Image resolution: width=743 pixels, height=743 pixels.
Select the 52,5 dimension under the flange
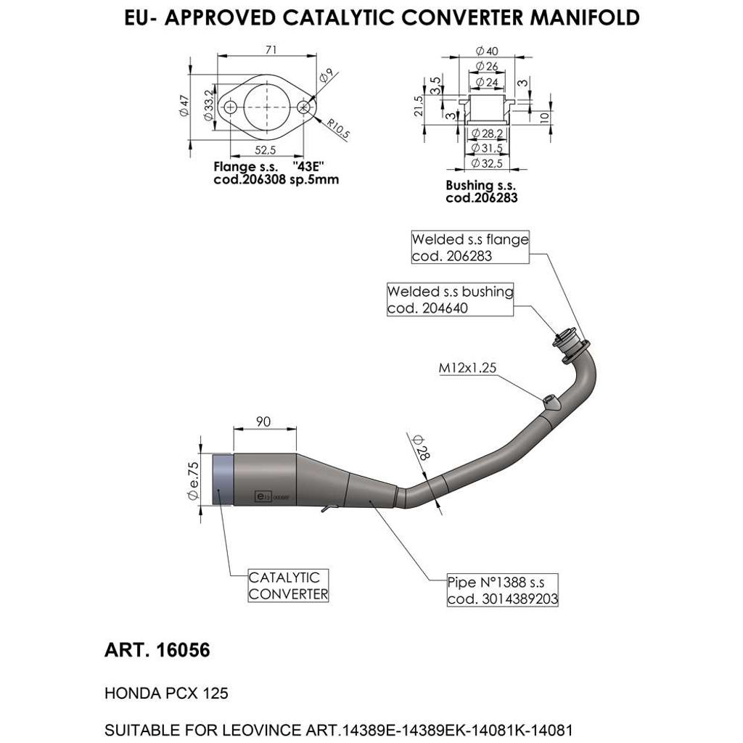click(267, 150)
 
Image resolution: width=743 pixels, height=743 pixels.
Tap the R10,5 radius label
click(337, 128)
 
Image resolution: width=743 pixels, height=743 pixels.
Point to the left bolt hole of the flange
click(231, 107)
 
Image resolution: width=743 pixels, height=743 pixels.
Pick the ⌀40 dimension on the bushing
click(487, 51)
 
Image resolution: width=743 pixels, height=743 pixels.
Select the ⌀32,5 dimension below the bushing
click(487, 163)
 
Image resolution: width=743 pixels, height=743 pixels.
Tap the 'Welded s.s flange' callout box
click(470, 247)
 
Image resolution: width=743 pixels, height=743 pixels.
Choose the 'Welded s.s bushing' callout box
click(450, 300)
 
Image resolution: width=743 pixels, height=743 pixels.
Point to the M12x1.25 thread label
click(467, 369)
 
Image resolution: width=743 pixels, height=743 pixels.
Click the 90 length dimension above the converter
click(263, 422)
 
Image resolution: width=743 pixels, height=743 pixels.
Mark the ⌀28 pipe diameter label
click(419, 447)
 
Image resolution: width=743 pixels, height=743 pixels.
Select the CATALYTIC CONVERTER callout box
click(288, 586)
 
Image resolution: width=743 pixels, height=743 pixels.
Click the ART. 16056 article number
click(157, 650)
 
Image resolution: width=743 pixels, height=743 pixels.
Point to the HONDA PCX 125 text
click(167, 693)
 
